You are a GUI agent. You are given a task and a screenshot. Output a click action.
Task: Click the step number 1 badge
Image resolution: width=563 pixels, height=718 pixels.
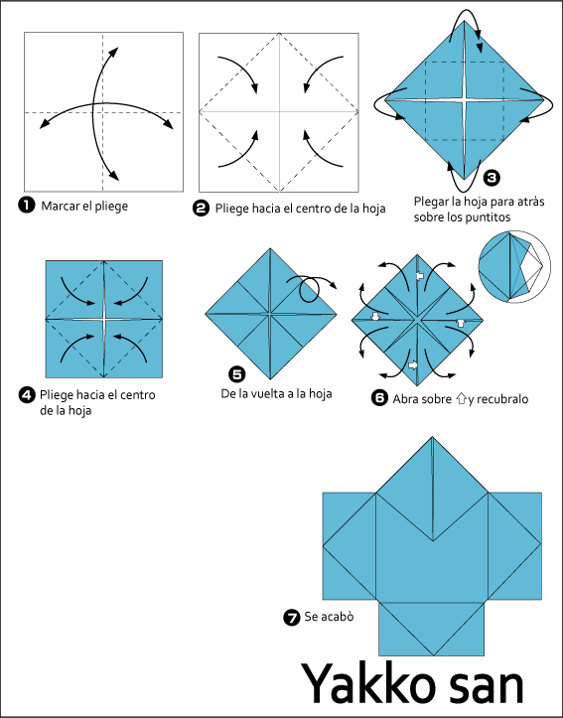[x=26, y=205]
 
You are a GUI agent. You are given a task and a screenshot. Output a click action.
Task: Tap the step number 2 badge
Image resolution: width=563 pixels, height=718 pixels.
[x=201, y=209]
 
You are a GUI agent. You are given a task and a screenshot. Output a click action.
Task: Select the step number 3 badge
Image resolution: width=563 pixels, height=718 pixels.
[x=492, y=177]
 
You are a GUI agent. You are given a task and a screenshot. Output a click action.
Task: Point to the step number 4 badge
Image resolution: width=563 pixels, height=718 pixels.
[x=27, y=394]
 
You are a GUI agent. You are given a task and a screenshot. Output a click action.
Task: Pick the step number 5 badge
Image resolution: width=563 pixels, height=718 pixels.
[x=236, y=374]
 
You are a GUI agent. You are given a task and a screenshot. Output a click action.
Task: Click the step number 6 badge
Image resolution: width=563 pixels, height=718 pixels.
[x=379, y=398]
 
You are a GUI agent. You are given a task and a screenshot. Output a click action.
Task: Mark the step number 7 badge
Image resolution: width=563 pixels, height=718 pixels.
[x=292, y=618]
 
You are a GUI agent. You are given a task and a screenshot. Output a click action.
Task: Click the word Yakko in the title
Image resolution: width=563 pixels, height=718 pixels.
[x=368, y=684]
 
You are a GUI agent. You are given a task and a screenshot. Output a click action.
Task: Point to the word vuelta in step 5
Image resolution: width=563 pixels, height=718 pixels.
[x=273, y=393]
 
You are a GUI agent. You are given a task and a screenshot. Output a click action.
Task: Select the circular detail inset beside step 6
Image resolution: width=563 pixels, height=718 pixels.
[x=510, y=266]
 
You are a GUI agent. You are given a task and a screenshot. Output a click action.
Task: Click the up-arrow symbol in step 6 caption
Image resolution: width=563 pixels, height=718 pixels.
[x=461, y=399]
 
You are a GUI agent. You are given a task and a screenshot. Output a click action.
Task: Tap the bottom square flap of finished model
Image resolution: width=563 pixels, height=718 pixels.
[x=432, y=629]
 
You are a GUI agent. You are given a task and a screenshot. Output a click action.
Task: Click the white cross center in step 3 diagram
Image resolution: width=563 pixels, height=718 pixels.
[x=465, y=99]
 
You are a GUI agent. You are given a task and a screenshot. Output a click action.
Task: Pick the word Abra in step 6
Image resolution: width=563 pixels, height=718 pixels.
[x=404, y=399]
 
